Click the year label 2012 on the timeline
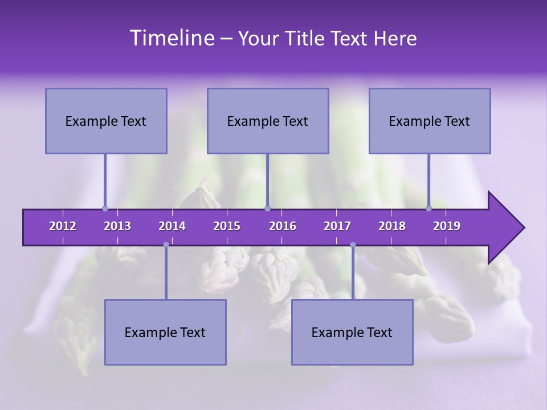(63, 226)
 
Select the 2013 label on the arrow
(117, 226)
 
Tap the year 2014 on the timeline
(172, 226)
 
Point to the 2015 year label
(227, 226)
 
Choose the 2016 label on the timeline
(283, 226)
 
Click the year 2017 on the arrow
(337, 226)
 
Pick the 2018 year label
(392, 226)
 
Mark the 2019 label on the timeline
(447, 226)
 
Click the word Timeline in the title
(172, 38)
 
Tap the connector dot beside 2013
(105, 208)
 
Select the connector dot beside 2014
(166, 245)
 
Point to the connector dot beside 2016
(267, 208)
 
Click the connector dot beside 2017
(353, 245)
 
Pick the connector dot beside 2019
(429, 208)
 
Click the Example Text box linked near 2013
(106, 121)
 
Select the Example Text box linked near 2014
(165, 332)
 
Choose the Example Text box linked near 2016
(268, 121)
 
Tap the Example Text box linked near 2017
(352, 332)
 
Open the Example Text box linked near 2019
(430, 121)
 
